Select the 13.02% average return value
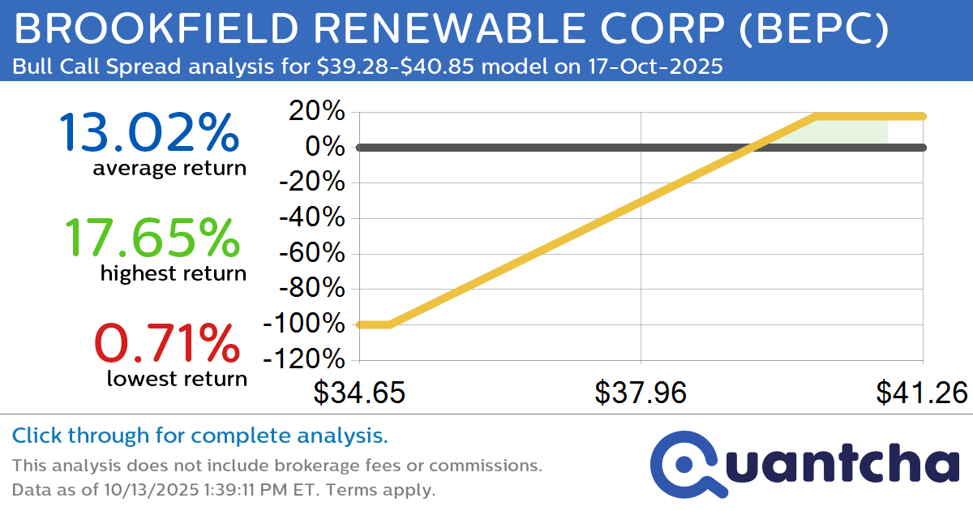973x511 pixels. tap(149, 132)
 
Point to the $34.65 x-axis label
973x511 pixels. tap(359, 393)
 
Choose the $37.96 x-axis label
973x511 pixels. tap(641, 393)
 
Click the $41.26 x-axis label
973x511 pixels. tap(921, 393)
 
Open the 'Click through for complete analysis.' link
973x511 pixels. tap(199, 436)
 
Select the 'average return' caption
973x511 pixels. tap(169, 168)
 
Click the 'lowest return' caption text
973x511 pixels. tap(177, 378)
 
